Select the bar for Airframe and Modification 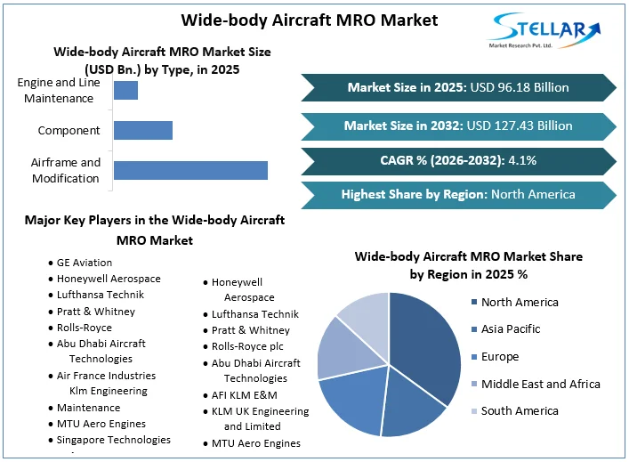[190, 170]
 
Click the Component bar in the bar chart [142, 131]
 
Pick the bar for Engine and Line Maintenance [125, 90]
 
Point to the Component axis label [69, 131]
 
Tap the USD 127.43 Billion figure [520, 126]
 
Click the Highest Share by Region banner [458, 194]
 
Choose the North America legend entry [520, 302]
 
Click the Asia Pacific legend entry [511, 329]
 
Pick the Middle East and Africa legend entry [540, 384]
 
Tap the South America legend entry [520, 411]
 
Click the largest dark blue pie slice [423, 347]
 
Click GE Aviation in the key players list [85, 263]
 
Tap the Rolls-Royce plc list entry [249, 346]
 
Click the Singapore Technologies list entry [113, 440]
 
